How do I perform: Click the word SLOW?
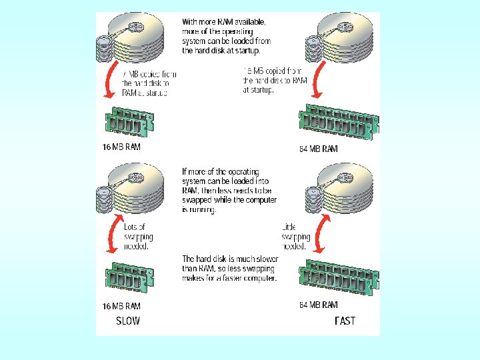pos(128,321)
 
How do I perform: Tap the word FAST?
pos(345,321)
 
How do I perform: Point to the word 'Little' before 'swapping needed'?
pos(288,227)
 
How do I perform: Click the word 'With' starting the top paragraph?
pos(193,22)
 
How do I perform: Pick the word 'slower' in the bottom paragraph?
pos(267,259)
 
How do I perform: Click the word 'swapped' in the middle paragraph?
pos(199,199)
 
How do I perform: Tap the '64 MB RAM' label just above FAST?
pos(318,305)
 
